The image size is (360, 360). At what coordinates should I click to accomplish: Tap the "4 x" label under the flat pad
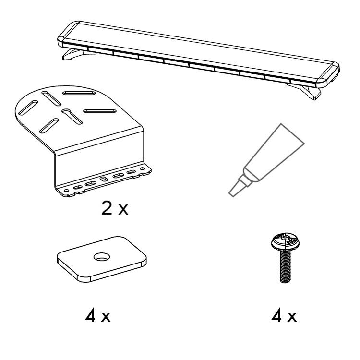(x=98, y=316)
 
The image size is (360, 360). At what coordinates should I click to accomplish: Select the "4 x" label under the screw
(x=284, y=316)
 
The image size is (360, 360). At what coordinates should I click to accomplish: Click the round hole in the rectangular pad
(x=102, y=257)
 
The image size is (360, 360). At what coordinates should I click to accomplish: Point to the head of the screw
(x=286, y=242)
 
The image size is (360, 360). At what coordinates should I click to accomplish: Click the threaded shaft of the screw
(x=286, y=266)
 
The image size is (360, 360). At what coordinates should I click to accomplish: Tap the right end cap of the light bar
(x=328, y=74)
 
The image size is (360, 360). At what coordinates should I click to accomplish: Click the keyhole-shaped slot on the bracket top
(x=72, y=116)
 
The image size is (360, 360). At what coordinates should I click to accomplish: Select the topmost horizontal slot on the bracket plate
(x=79, y=93)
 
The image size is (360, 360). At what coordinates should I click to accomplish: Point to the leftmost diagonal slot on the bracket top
(x=28, y=108)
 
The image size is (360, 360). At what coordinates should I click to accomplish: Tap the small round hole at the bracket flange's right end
(x=143, y=169)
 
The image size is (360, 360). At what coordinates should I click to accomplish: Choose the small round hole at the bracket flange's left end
(x=67, y=191)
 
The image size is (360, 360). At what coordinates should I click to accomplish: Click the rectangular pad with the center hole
(x=102, y=259)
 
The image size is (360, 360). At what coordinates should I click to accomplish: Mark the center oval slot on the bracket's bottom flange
(x=104, y=179)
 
